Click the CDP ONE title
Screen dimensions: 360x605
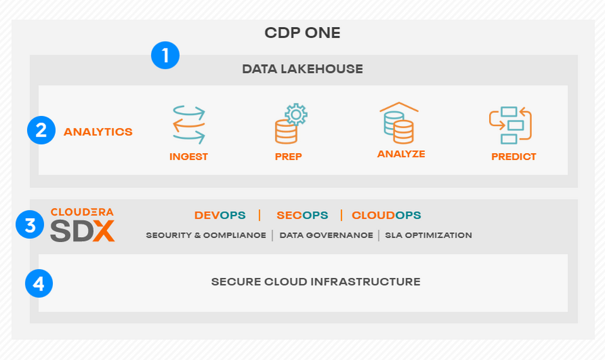302,33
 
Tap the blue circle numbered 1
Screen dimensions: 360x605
165,55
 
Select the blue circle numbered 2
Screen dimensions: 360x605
41,131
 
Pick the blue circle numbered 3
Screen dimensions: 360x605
30,224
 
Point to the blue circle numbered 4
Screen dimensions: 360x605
39,284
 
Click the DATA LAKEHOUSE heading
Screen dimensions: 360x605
302,69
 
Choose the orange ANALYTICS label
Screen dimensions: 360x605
98,132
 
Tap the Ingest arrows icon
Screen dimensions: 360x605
188,124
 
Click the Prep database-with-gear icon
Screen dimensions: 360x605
290,124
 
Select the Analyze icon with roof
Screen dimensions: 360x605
399,122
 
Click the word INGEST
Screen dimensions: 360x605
188,156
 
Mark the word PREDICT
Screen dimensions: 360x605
514,156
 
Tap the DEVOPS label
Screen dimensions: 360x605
219,215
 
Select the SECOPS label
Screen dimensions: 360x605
302,215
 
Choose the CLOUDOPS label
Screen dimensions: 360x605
386,215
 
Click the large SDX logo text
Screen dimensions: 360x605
83,231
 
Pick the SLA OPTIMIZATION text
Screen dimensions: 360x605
428,235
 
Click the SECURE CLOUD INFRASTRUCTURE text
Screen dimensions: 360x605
316,282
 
